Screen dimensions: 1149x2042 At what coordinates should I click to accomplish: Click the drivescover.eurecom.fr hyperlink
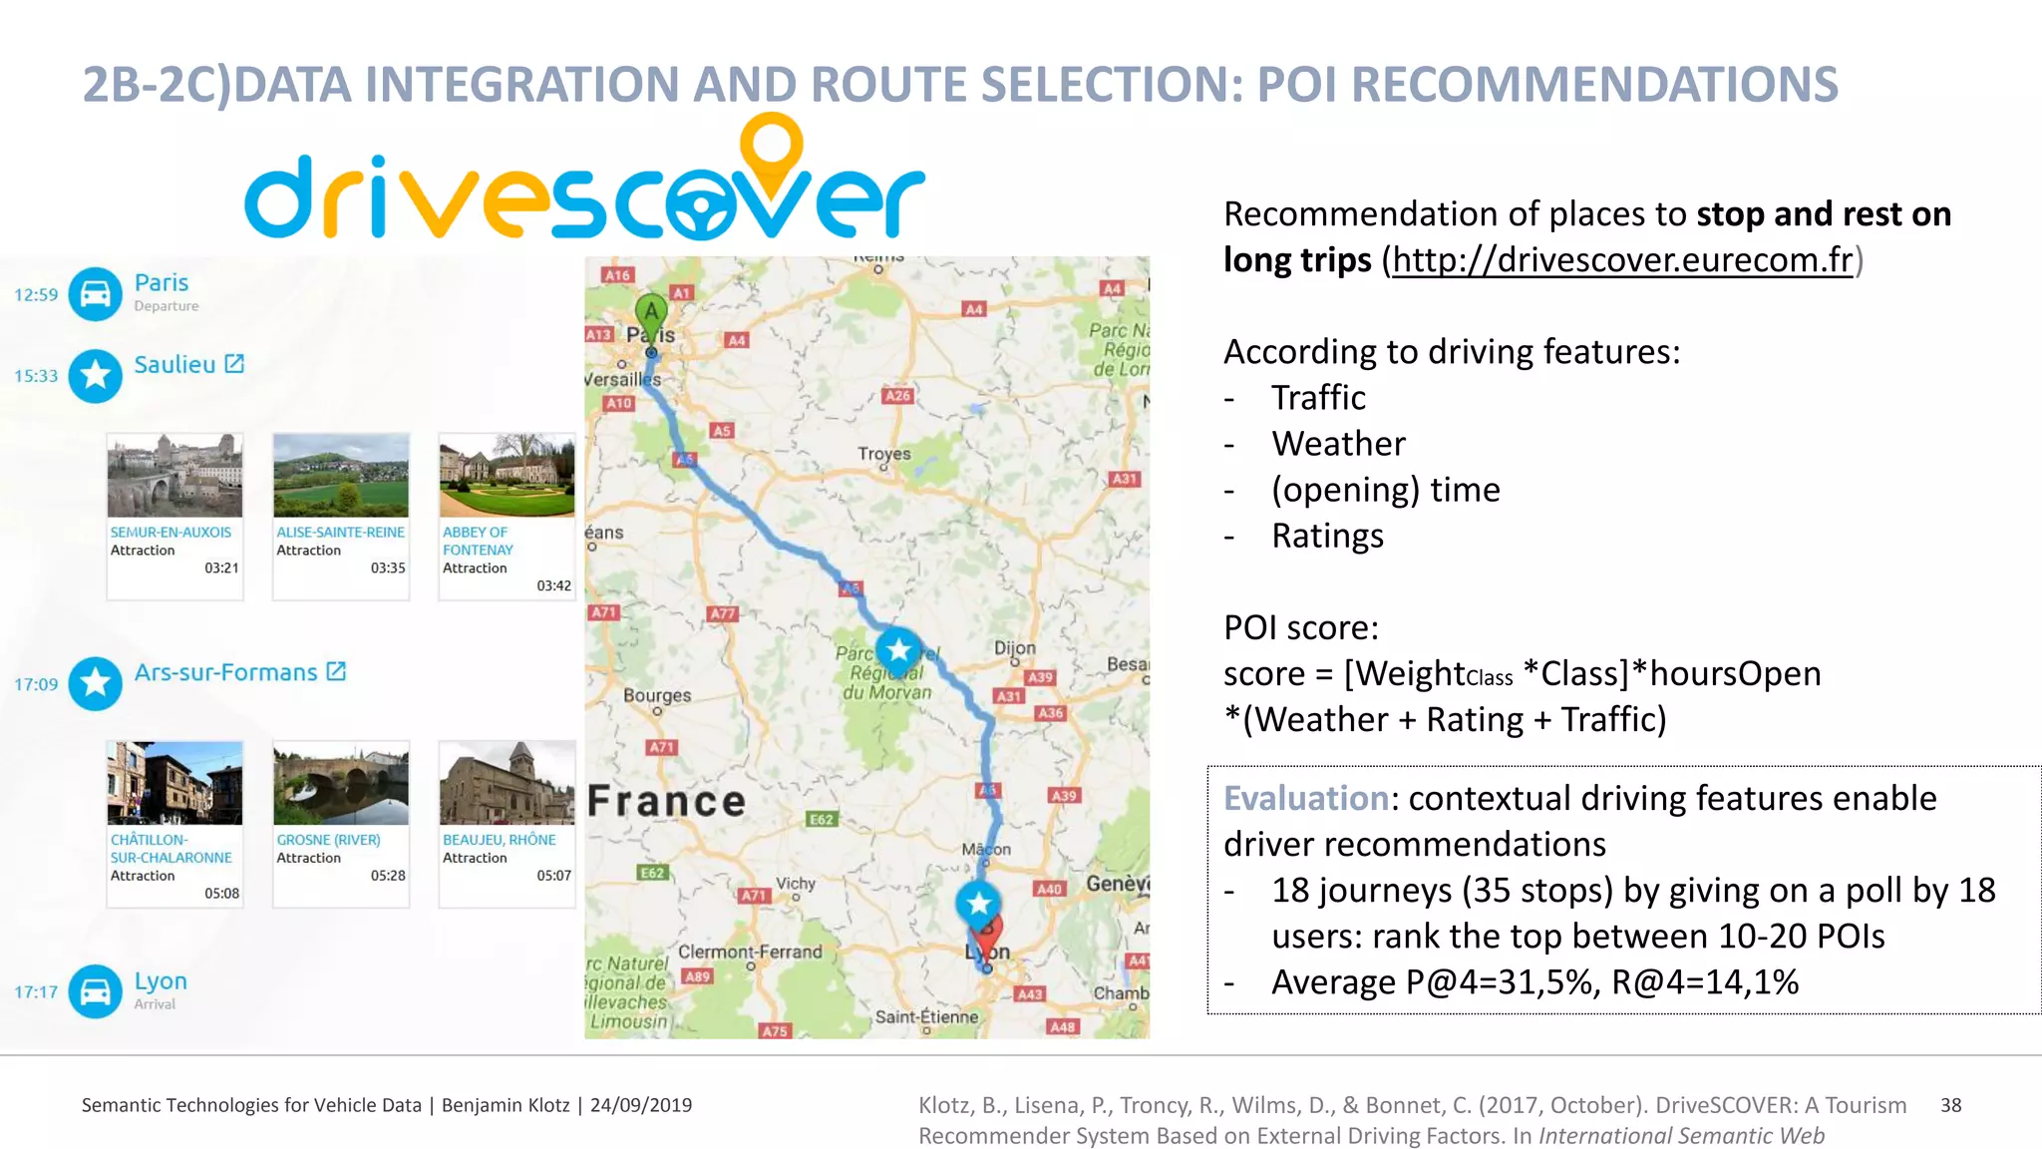click(x=1621, y=260)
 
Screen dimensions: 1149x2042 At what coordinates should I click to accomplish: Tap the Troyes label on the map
click(x=883, y=454)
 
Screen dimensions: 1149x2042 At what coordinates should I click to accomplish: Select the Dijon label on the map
click(x=1014, y=648)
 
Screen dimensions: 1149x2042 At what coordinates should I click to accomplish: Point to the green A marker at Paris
click(x=651, y=313)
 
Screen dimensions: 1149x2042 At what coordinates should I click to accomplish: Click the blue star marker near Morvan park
click(x=898, y=651)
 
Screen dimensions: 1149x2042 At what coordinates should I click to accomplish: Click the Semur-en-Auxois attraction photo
click(x=174, y=475)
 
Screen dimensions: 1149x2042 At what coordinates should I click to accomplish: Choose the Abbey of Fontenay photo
click(x=507, y=475)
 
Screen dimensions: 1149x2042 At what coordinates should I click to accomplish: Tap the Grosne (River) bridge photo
click(x=341, y=783)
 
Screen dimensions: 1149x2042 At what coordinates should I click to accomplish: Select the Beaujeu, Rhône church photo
click(x=507, y=783)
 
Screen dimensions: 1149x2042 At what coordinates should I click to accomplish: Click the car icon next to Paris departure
click(x=96, y=294)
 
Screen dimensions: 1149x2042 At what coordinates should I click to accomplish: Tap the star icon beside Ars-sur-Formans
click(x=96, y=683)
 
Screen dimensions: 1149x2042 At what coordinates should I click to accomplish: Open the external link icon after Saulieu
click(x=234, y=364)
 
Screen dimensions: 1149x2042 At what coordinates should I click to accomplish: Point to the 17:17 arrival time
click(x=36, y=992)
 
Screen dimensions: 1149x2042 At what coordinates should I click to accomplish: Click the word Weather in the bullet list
click(x=1338, y=444)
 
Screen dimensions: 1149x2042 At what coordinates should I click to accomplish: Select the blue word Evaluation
click(x=1305, y=798)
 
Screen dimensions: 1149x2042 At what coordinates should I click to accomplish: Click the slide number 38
click(x=1950, y=1105)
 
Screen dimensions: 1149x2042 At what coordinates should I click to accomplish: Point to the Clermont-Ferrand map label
click(x=750, y=952)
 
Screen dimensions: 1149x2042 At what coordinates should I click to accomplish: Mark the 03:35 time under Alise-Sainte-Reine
click(x=388, y=568)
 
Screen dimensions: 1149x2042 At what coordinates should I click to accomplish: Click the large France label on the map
click(x=666, y=802)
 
